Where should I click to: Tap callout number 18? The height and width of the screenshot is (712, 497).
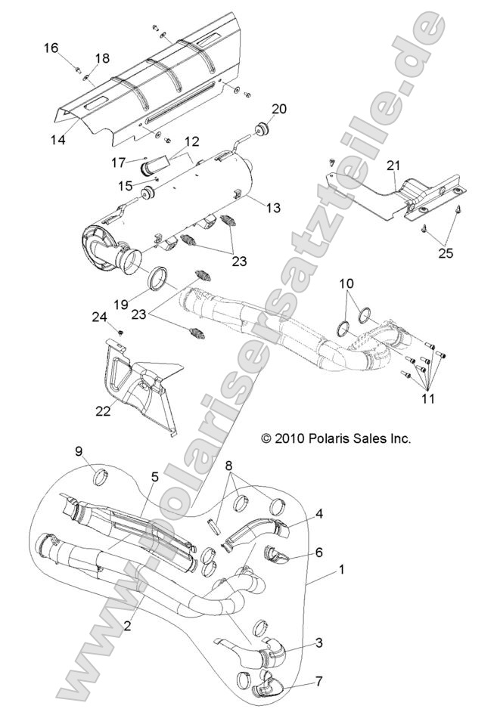pyautogui.click(x=102, y=58)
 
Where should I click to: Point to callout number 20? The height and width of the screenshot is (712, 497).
pyautogui.click(x=279, y=109)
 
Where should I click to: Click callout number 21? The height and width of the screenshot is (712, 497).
pyautogui.click(x=392, y=166)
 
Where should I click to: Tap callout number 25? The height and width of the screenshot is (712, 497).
pyautogui.click(x=446, y=253)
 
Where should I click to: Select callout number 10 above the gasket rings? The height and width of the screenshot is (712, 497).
pyautogui.click(x=346, y=283)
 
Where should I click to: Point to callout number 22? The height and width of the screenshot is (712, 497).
pyautogui.click(x=103, y=410)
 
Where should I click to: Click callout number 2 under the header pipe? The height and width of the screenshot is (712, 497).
pyautogui.click(x=128, y=625)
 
